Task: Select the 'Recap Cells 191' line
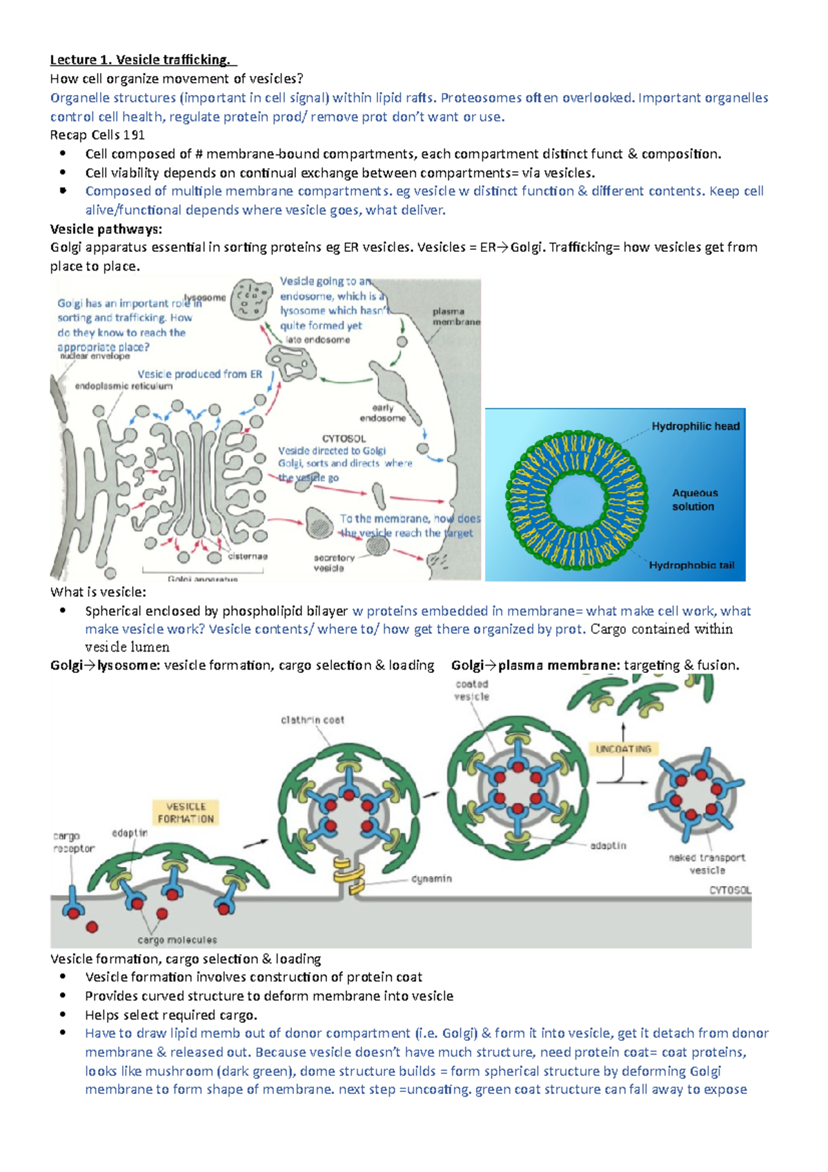97,135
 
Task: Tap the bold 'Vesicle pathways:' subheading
106,228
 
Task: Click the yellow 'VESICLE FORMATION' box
186,812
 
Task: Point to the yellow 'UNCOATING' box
623,749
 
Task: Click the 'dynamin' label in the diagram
431,879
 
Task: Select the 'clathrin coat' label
312,720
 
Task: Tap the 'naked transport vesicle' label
707,863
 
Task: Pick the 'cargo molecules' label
177,939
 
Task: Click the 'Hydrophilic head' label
695,427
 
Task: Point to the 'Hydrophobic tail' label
691,565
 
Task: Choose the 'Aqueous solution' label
695,500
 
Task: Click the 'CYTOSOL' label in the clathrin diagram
730,890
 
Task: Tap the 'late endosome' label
317,340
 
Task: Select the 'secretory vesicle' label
333,563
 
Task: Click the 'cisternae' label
248,556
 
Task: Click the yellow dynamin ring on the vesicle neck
348,873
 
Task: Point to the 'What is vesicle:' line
98,592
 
